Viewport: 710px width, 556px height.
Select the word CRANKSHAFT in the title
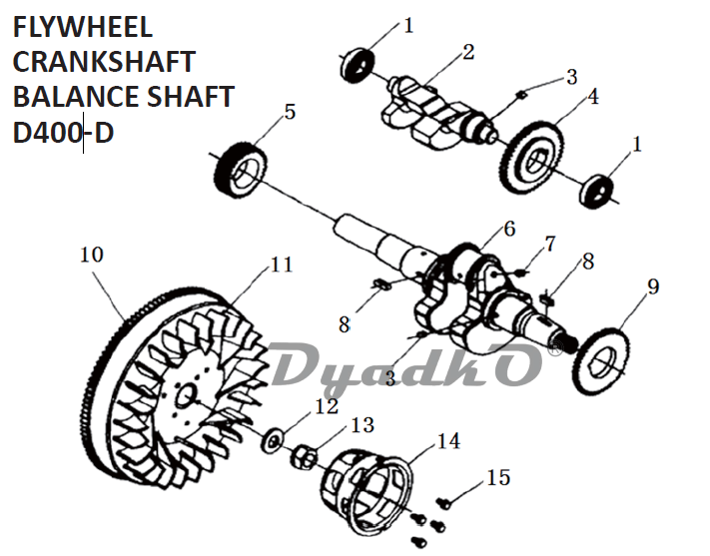[104, 62]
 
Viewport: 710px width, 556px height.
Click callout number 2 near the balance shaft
[468, 52]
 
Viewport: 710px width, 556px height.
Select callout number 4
[594, 97]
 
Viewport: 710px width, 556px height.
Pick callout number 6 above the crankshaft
[509, 229]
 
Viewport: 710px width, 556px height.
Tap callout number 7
[548, 245]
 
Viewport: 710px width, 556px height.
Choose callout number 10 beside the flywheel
[91, 255]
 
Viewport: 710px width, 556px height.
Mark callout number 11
[282, 265]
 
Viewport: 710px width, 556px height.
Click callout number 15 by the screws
[498, 478]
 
